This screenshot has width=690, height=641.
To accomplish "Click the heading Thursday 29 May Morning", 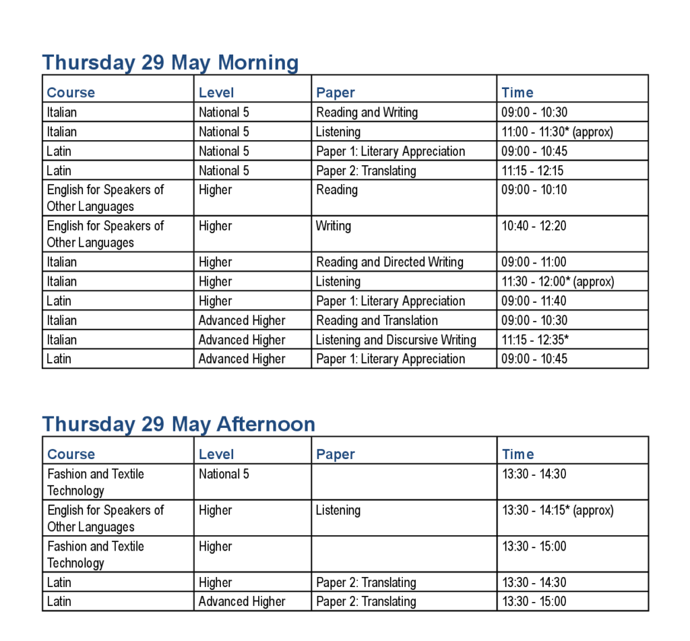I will [170, 63].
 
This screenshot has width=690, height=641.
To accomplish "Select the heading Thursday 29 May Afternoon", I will [179, 424].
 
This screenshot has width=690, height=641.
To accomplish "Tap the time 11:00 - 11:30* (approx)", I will [557, 132].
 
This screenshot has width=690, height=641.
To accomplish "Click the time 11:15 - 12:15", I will [532, 171].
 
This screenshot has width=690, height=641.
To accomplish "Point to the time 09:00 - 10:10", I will [534, 190].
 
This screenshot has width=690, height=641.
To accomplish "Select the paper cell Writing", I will [334, 226].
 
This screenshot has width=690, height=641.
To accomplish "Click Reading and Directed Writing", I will [389, 262].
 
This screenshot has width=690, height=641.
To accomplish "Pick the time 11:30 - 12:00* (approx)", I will [557, 282].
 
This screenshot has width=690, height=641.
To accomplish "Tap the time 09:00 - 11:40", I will [534, 301].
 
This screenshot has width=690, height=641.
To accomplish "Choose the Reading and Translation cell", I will [377, 321].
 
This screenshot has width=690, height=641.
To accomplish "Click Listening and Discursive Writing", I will [396, 340].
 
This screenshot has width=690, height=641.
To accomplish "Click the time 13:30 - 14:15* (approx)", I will [557, 510].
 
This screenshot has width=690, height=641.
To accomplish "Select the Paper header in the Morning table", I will [335, 93].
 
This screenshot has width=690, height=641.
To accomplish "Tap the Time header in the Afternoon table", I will [517, 454].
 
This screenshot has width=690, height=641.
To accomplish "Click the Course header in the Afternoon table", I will [71, 454].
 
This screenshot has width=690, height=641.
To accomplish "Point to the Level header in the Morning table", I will [216, 93].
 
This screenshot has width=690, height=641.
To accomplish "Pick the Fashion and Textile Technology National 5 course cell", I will [96, 482].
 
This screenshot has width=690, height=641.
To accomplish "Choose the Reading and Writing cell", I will [367, 113].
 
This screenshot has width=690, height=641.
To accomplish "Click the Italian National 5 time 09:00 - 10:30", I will [534, 113].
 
